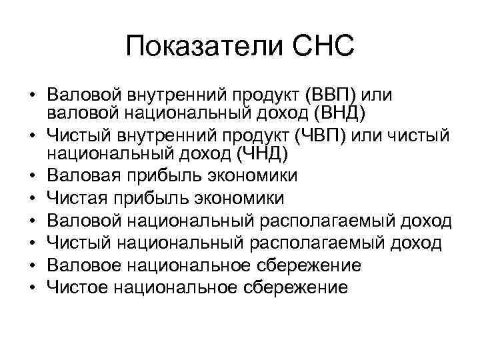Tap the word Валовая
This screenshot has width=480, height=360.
pyautogui.click(x=85, y=177)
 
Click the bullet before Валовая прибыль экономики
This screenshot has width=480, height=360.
pyautogui.click(x=31, y=178)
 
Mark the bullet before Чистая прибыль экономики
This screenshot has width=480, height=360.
pyautogui.click(x=31, y=200)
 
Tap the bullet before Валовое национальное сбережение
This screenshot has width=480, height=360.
pyautogui.click(x=31, y=266)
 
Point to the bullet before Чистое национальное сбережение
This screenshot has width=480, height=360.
pyautogui.click(x=31, y=288)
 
